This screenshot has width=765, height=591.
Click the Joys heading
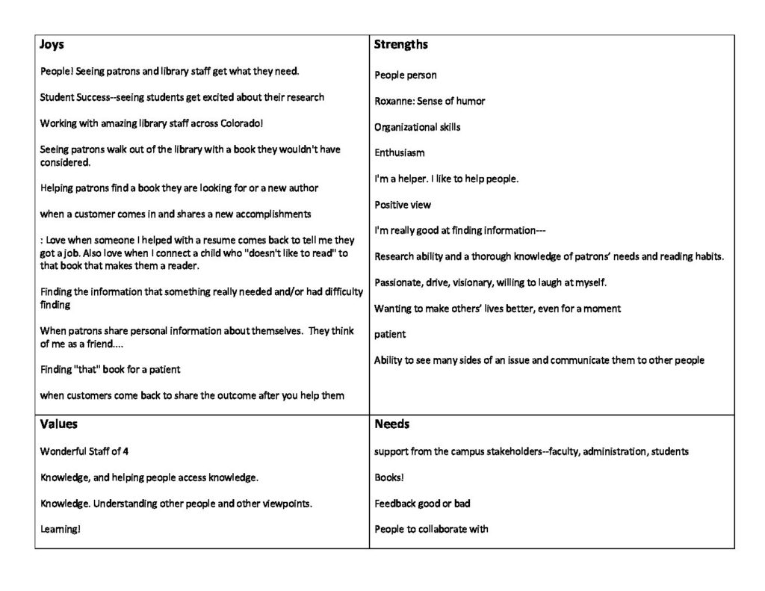(x=52, y=45)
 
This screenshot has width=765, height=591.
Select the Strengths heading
(x=401, y=45)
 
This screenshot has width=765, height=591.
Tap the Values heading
(x=58, y=424)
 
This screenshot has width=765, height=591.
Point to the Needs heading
(x=392, y=424)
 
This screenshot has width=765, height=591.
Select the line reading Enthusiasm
(x=400, y=152)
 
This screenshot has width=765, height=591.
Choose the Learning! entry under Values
(x=60, y=529)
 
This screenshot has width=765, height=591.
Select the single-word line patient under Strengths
(x=390, y=334)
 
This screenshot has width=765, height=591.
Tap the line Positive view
(x=403, y=205)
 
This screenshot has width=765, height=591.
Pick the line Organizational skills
(x=418, y=127)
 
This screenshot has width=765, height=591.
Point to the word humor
(x=470, y=101)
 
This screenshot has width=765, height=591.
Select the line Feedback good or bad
(x=422, y=504)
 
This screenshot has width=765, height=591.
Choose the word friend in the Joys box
(x=96, y=344)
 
